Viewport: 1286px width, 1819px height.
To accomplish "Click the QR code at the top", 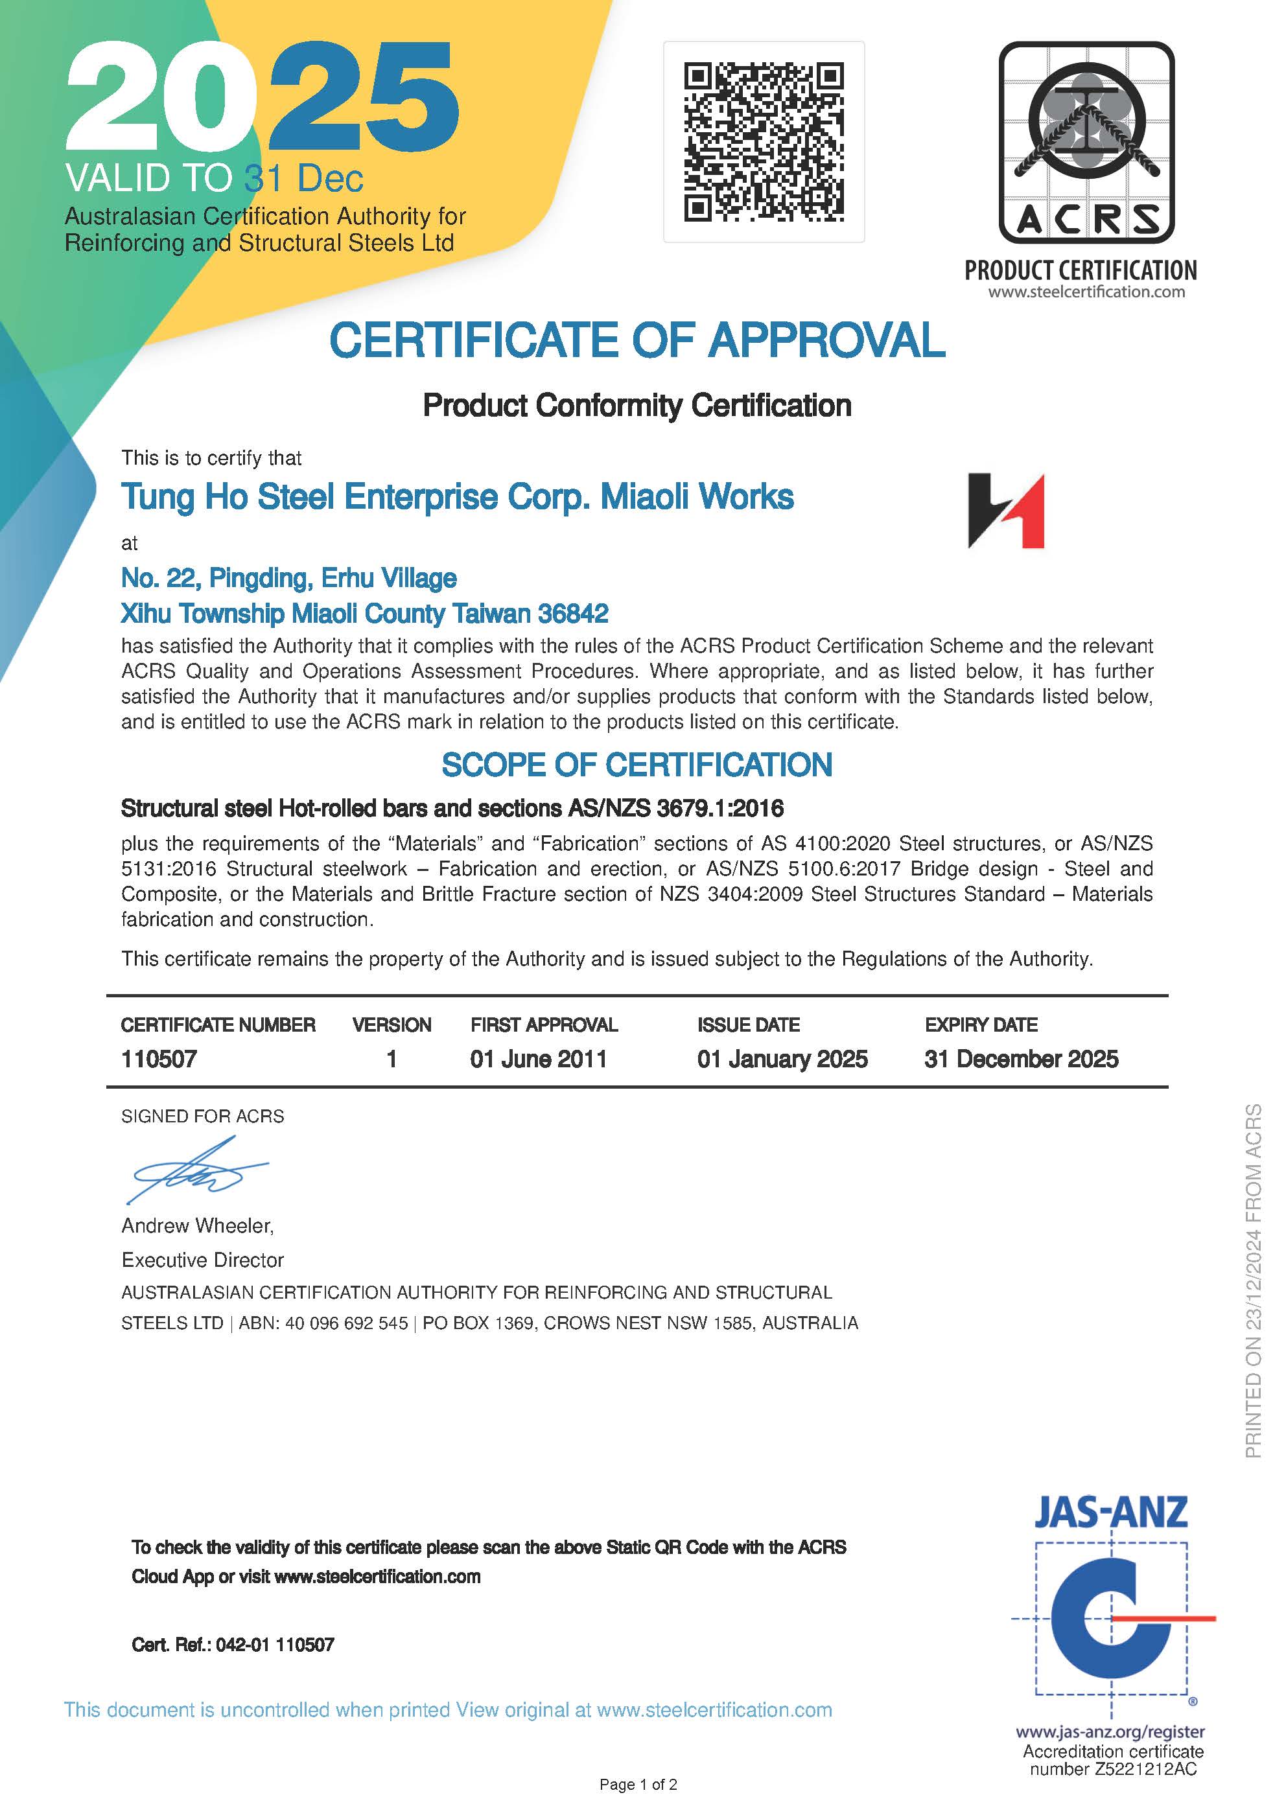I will (763, 142).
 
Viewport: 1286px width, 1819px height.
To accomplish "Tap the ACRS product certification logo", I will (1086, 143).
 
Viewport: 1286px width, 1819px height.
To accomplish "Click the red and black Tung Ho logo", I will (1005, 511).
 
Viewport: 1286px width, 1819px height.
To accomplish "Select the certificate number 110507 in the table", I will (158, 1060).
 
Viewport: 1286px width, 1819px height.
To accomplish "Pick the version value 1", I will (392, 1060).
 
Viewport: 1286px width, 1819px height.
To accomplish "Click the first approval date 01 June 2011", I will (538, 1060).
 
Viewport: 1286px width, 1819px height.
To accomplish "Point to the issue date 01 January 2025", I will (782, 1060).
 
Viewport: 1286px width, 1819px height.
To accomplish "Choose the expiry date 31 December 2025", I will (1020, 1060).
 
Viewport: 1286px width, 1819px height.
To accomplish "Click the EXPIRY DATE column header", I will (981, 1025).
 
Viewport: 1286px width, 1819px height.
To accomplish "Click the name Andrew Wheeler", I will (197, 1225).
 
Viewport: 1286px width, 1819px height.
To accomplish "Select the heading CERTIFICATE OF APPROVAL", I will (637, 341).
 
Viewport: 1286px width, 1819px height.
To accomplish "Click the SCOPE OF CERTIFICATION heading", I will (637, 765).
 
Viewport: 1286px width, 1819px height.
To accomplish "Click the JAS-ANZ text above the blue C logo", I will (1110, 1512).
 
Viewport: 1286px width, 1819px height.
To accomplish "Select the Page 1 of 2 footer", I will (638, 1784).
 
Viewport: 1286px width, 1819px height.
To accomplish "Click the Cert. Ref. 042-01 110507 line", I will (233, 1645).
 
